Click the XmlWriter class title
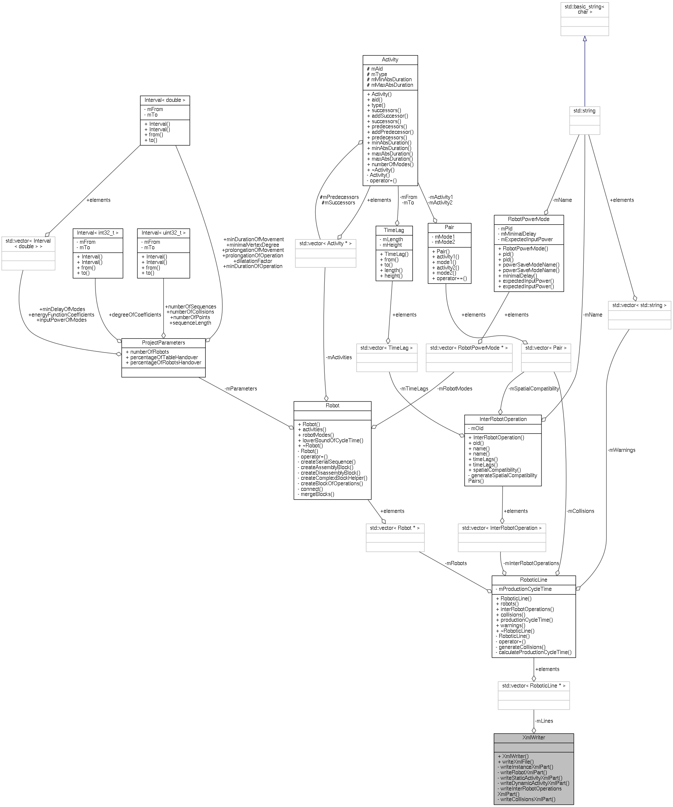pos(533,738)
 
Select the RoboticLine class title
pos(533,579)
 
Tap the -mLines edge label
pos(544,721)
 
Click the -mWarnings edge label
pos(621,450)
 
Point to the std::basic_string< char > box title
pos(584,9)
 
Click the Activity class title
pos(390,60)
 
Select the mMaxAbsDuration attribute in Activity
pos(392,85)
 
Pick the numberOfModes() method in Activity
pos(392,164)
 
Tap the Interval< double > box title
pos(165,100)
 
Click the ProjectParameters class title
pos(163,342)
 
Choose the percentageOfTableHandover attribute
pos(164,357)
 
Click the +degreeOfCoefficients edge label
pos(135,315)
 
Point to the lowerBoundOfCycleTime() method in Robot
pos(332,440)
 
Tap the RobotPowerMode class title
pos(528,219)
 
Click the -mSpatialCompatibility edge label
pos(534,389)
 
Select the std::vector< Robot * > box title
pos(395,528)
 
